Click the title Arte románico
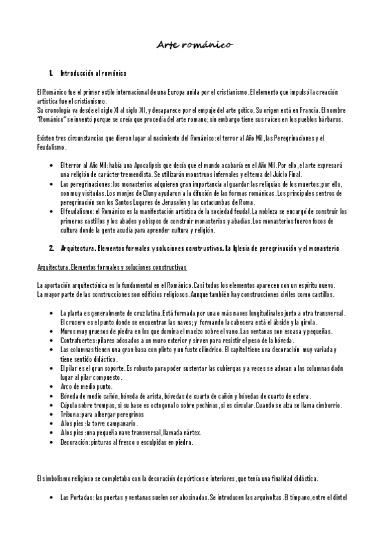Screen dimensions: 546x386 (x=196, y=44)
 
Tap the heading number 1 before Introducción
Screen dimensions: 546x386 (x=50, y=74)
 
